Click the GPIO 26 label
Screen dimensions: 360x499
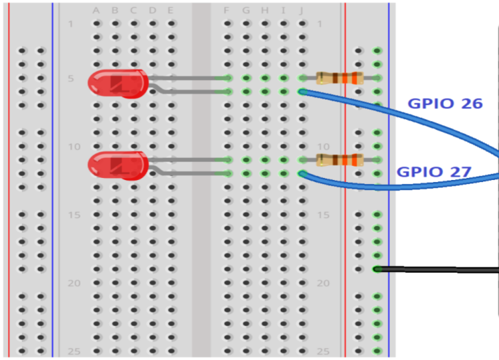445,103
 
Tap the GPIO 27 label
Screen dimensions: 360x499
434,171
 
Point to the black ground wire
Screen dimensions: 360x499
440,269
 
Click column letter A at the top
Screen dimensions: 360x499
96,11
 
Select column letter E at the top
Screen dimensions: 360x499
171,11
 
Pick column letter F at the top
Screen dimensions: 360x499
227,11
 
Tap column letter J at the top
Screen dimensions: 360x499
302,11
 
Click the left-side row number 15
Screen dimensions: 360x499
73,215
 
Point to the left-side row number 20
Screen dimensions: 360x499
73,283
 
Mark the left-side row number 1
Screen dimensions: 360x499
71,25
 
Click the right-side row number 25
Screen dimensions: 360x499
324,351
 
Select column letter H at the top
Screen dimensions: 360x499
265,11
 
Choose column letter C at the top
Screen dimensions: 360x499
133,11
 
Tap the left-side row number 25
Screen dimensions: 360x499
73,351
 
